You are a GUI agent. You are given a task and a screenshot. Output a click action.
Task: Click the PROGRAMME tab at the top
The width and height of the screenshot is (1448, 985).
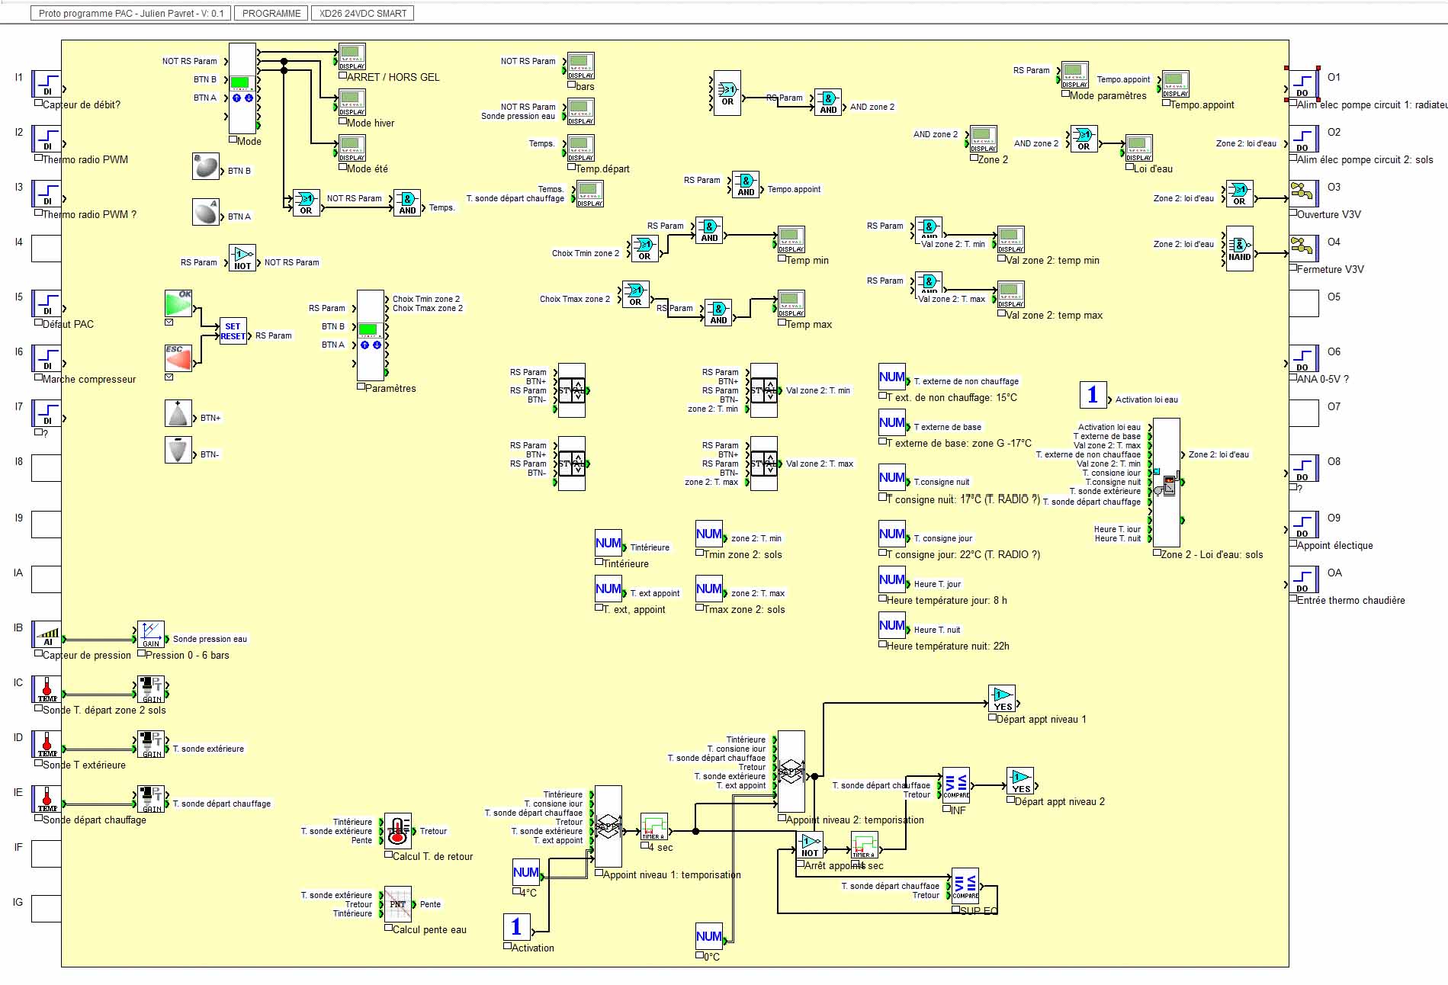[271, 13]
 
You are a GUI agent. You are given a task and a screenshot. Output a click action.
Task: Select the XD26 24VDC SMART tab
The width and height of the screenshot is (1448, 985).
[362, 13]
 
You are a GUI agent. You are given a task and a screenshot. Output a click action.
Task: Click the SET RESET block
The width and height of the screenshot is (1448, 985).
[233, 331]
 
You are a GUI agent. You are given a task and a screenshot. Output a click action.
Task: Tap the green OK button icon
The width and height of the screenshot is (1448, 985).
[178, 303]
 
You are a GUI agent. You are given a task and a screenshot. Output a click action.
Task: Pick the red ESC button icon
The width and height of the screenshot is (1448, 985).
[178, 358]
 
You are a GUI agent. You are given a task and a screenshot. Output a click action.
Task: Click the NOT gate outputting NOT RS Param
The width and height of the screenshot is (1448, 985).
[242, 258]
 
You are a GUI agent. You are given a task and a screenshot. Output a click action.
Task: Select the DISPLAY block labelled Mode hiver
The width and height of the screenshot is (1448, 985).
[352, 102]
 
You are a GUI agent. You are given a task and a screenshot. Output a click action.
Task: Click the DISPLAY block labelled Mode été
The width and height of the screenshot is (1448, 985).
[352, 148]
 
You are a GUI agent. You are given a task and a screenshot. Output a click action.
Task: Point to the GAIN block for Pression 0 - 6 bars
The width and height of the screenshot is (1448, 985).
[151, 634]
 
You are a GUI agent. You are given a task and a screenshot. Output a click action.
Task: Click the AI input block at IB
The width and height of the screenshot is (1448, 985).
[47, 634]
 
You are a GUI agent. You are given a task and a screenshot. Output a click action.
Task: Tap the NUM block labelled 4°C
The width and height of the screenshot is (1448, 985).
[526, 872]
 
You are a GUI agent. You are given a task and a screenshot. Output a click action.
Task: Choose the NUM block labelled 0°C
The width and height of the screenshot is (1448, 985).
[709, 936]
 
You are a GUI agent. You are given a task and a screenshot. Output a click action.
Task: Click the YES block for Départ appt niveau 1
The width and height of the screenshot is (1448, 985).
[1002, 698]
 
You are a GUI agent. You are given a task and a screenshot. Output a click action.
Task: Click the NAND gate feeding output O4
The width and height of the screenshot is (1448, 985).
[1239, 249]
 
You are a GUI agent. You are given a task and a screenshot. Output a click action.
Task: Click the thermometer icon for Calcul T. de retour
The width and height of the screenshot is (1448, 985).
[398, 831]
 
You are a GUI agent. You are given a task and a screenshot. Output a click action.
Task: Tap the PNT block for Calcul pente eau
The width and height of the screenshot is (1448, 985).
[398, 904]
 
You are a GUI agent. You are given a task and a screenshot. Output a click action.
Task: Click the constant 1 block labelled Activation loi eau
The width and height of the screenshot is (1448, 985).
[1093, 394]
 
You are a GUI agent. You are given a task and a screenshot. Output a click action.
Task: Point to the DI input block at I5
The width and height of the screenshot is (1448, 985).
[47, 303]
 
